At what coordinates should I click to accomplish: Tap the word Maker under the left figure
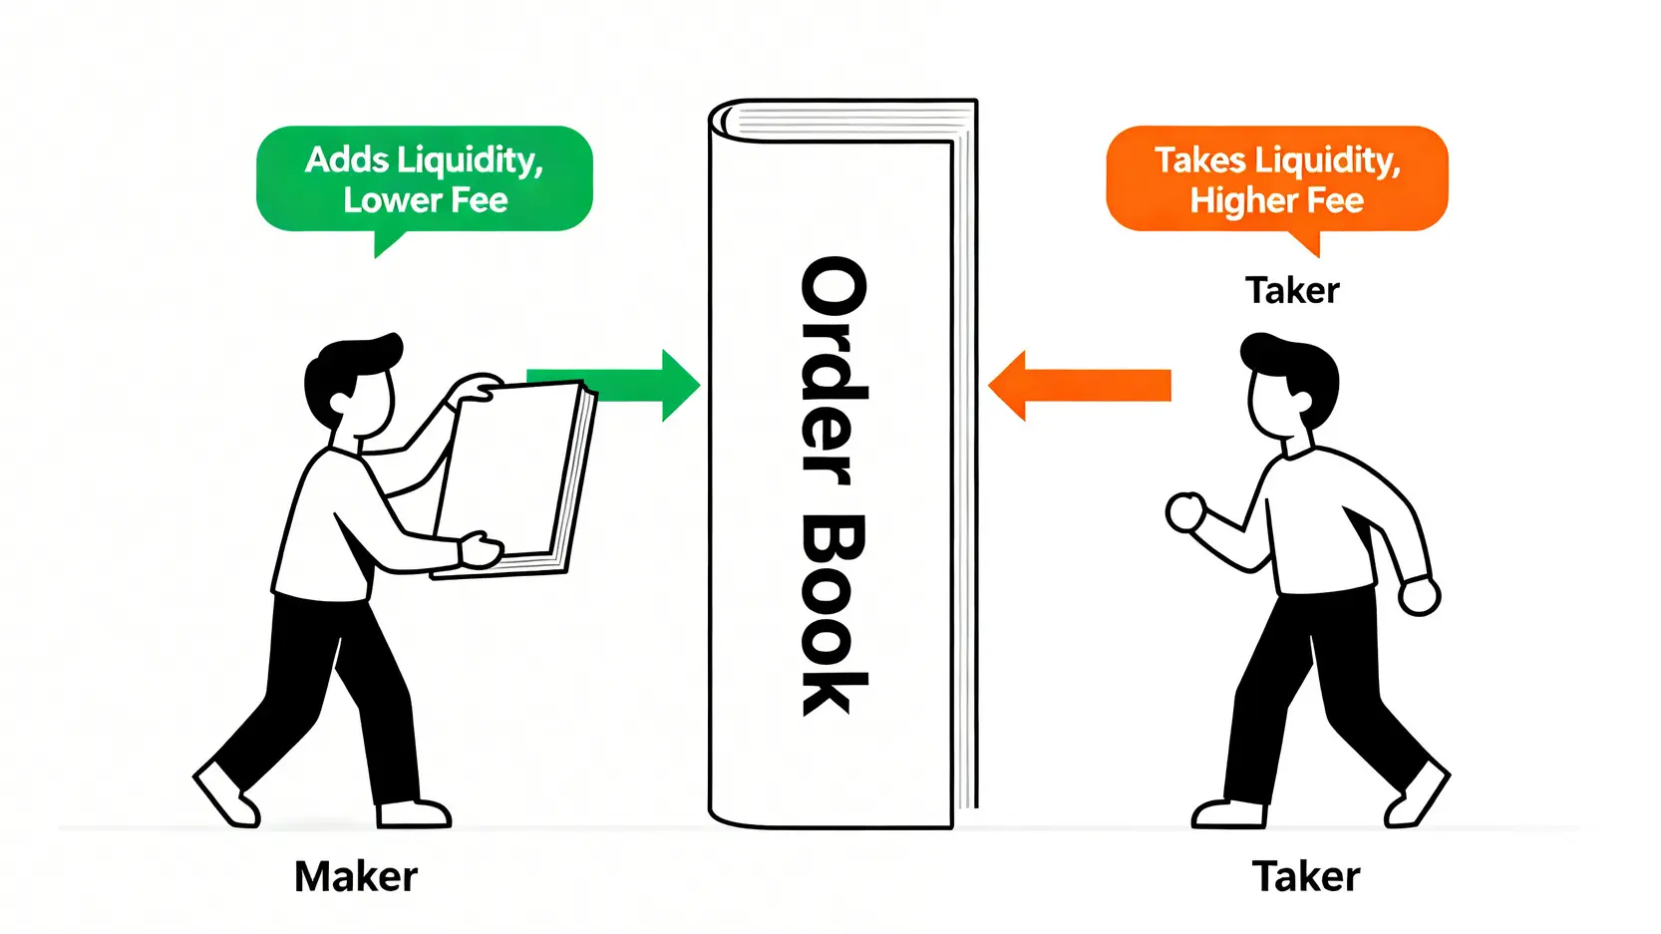356,877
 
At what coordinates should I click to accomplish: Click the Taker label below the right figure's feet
1305,877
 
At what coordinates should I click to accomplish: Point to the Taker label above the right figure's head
1292,290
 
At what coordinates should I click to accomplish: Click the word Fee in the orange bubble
1335,200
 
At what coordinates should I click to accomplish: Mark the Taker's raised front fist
1185,512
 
